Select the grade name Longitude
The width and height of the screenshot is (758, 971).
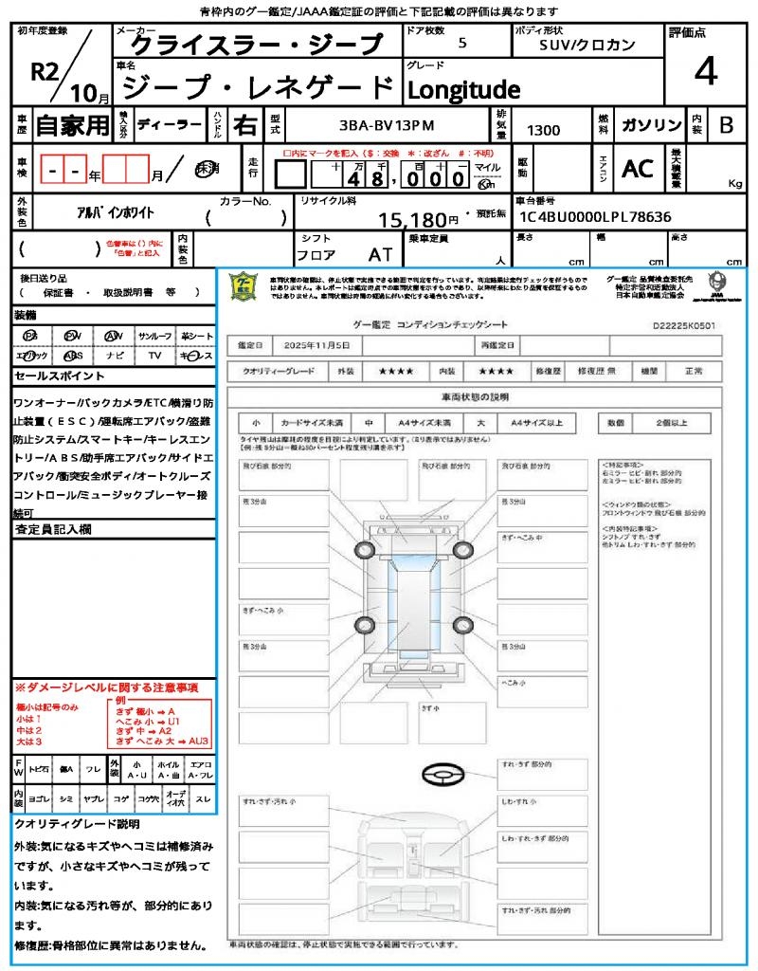[x=463, y=89]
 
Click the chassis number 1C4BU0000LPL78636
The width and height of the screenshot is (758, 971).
[x=594, y=216]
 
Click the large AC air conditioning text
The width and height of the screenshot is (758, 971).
[x=638, y=168]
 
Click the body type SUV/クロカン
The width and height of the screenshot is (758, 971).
[x=587, y=45]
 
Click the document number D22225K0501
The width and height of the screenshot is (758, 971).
[x=684, y=324]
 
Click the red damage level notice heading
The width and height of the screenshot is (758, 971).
[x=106, y=687]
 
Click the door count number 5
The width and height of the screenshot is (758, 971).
[x=461, y=44]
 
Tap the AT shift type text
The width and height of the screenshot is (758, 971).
[x=380, y=254]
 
